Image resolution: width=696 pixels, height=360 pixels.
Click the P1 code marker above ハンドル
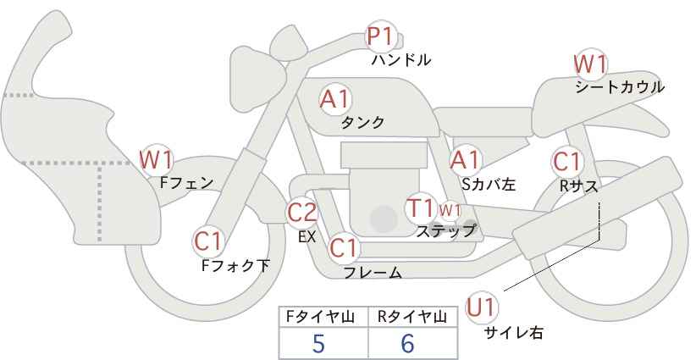point(381,37)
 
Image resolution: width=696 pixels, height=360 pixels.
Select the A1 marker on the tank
point(334,99)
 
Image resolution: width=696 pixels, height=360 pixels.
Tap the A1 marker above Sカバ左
point(465,159)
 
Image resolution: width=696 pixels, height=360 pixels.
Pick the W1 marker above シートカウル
point(590,64)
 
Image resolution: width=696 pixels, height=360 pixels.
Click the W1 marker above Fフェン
point(157,158)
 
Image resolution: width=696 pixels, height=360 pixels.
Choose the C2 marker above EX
point(302,213)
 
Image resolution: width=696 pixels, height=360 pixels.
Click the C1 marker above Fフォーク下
point(207,241)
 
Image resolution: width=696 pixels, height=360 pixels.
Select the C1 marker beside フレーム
point(344,249)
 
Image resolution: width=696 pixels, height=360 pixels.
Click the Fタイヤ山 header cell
point(323,318)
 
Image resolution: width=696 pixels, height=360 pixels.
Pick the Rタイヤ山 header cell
point(412,318)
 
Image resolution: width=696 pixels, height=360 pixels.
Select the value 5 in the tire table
point(318,343)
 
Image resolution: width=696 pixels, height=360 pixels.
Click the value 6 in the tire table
point(408,343)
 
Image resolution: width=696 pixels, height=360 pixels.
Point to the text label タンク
point(362,123)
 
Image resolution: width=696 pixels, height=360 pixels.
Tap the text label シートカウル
point(620,86)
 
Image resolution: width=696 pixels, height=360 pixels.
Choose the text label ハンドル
point(401,60)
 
